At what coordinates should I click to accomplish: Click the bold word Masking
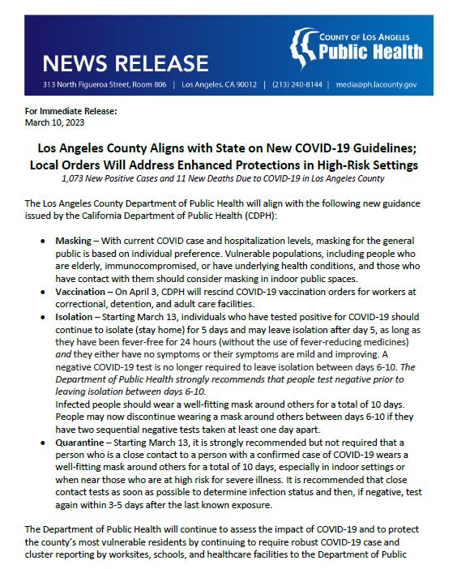pyautogui.click(x=72, y=242)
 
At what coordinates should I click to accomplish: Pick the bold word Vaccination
pyautogui.click(x=79, y=290)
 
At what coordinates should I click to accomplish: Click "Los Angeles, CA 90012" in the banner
pyautogui.click(x=218, y=83)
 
